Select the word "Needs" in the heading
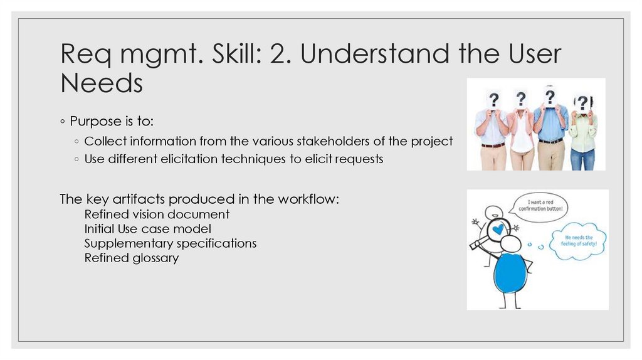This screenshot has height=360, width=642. tap(102, 83)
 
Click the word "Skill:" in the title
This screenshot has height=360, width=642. tap(232, 55)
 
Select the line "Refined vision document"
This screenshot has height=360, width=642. tap(157, 214)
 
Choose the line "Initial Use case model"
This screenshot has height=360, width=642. tap(147, 228)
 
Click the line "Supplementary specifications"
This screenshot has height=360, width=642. tap(171, 243)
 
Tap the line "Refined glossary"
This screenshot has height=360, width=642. tap(132, 257)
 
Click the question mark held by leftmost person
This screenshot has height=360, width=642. tap(494, 100)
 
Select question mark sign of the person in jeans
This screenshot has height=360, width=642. tap(582, 103)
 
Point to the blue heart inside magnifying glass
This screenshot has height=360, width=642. tap(498, 230)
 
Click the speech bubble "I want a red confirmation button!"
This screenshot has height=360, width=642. tap(540, 206)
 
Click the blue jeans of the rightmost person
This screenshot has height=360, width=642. tap(582, 159)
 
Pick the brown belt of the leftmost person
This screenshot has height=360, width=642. tap(493, 145)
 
